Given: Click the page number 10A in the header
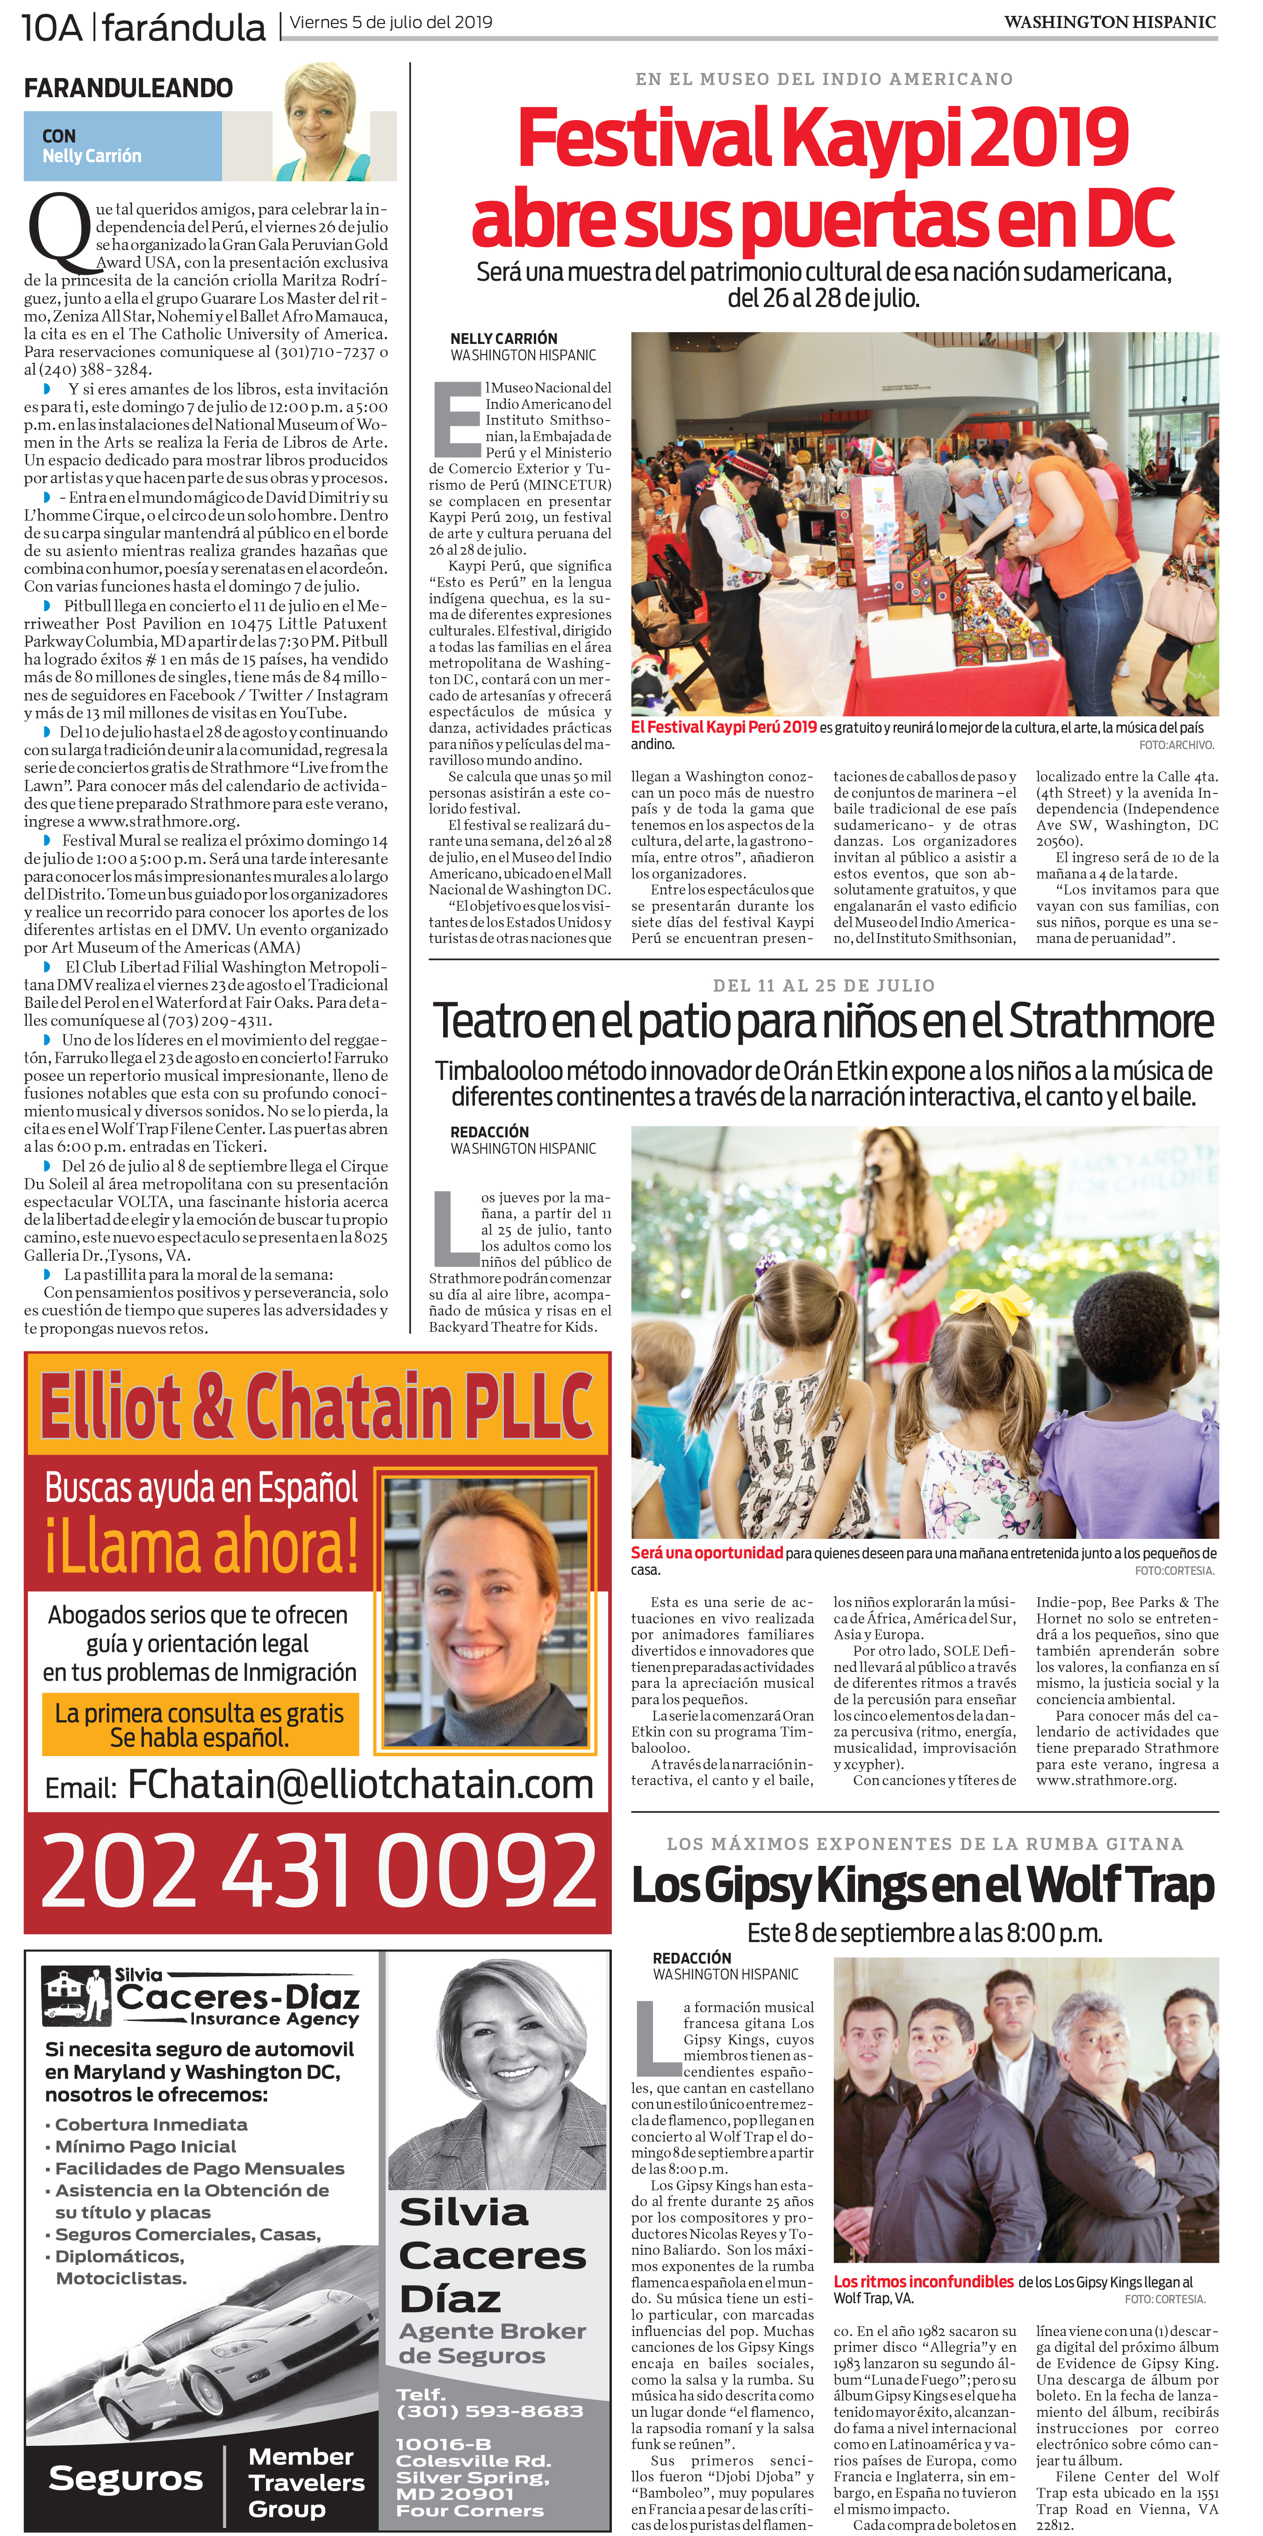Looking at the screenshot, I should pos(51,27).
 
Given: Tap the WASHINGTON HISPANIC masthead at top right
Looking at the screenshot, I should pos(1109,21).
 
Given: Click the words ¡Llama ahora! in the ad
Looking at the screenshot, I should pos(202,1547).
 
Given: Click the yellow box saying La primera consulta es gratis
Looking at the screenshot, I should pos(200,1725).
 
